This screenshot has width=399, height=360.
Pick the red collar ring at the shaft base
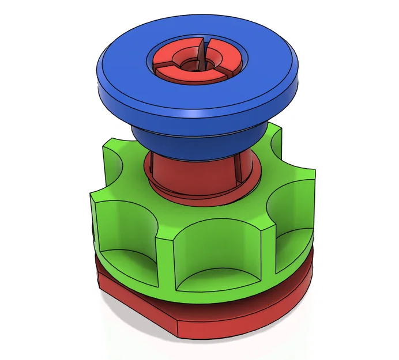tap(196, 193)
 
